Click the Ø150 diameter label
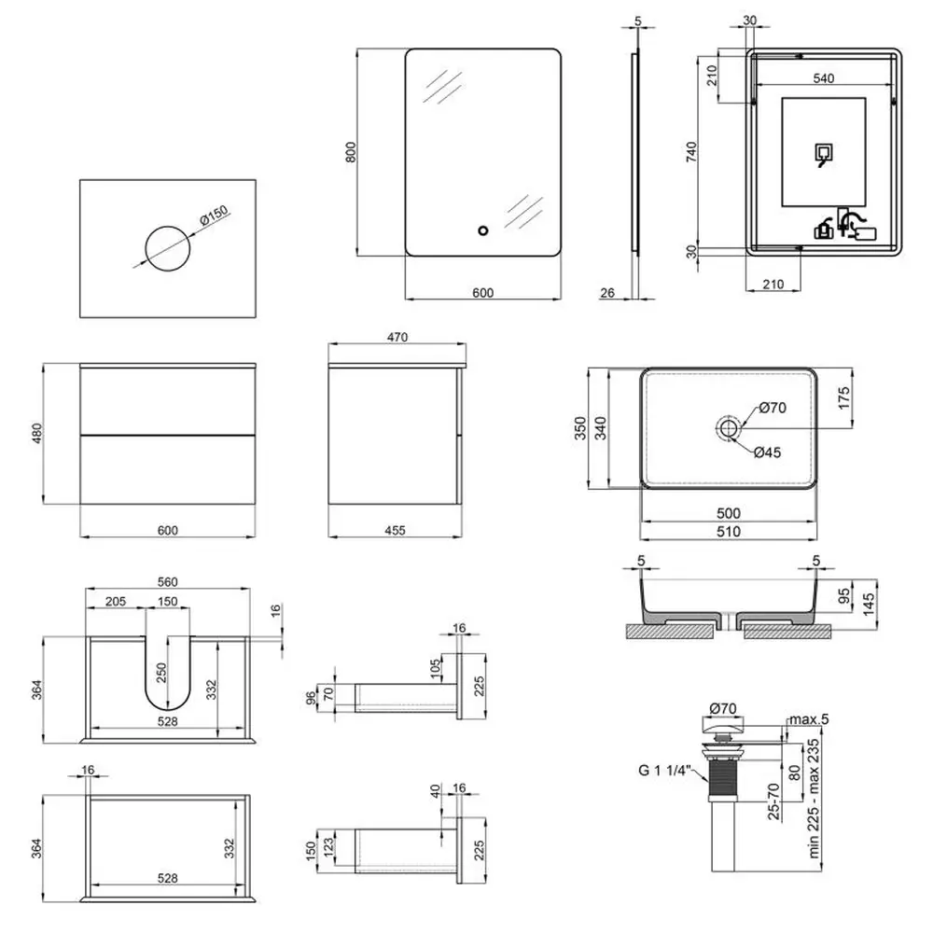point(214,217)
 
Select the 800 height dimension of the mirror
point(350,151)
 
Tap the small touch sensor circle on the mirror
point(482,230)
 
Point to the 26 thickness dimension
point(606,293)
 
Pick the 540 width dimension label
point(822,78)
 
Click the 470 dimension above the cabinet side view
point(396,337)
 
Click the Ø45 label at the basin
point(768,453)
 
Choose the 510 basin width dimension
point(728,532)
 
